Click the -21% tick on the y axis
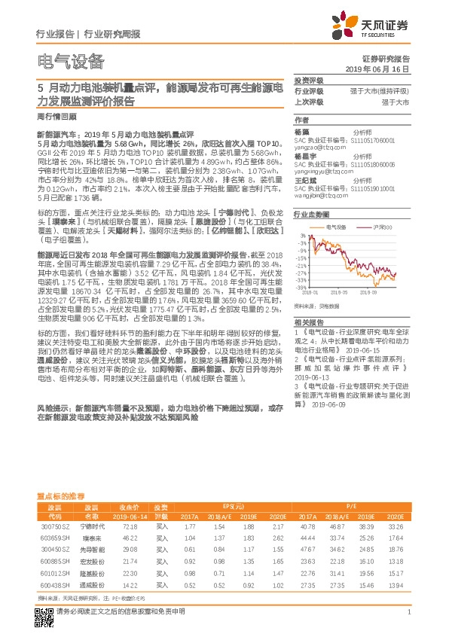coord(301,265)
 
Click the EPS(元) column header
coord(231,506)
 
